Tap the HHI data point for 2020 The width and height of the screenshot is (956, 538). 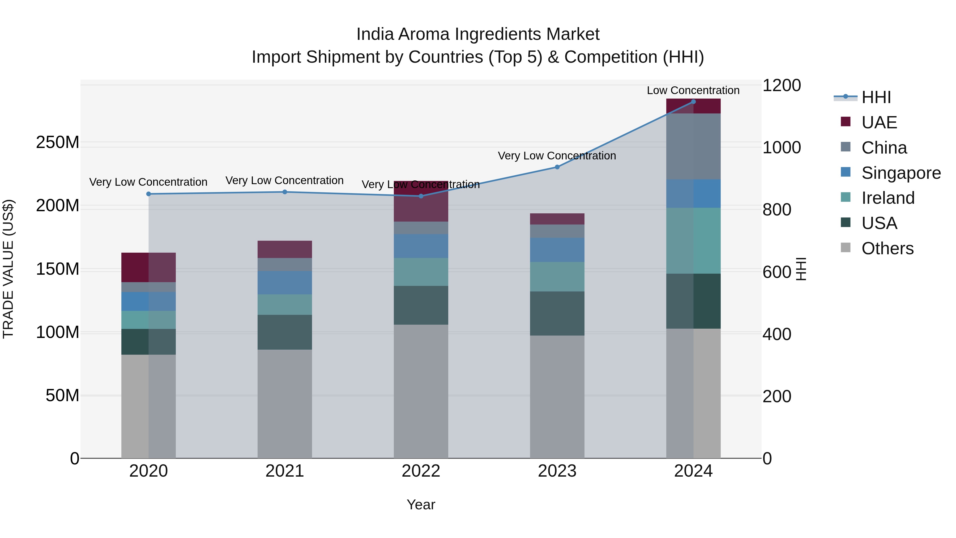pyautogui.click(x=148, y=194)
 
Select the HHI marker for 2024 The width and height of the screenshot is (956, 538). pyautogui.click(x=693, y=102)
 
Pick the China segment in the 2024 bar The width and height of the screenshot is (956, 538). pyautogui.click(x=693, y=147)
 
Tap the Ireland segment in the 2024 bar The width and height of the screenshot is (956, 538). pyautogui.click(x=693, y=241)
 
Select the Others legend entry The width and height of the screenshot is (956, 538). pyautogui.click(x=887, y=248)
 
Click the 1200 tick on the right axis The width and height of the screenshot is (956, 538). pyautogui.click(x=782, y=85)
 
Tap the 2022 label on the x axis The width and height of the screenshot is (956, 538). pyautogui.click(x=421, y=471)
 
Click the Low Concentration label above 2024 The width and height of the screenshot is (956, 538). pyautogui.click(x=693, y=90)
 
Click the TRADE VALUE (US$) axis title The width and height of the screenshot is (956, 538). pyautogui.click(x=8, y=269)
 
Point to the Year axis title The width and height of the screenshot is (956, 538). pyautogui.click(x=421, y=505)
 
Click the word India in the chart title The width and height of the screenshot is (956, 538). pyautogui.click(x=375, y=34)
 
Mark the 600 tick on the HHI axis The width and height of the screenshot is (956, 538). pyautogui.click(x=777, y=272)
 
